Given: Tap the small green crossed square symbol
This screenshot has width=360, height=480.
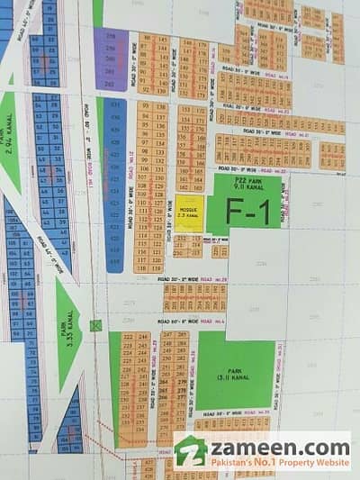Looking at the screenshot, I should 96,325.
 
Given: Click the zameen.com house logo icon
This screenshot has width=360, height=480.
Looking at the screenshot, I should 192,451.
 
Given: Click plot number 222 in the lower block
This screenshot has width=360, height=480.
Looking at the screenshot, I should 127,337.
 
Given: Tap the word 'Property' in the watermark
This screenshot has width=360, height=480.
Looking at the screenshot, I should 303,462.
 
